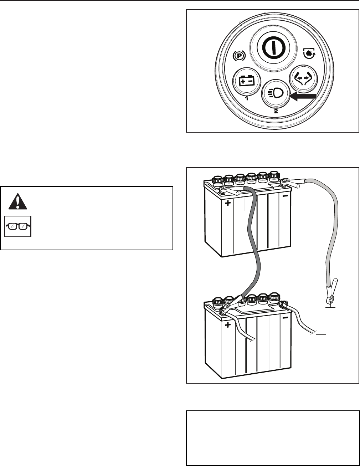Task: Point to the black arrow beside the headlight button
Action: [303, 96]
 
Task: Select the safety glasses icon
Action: [18, 226]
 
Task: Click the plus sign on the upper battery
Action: [228, 203]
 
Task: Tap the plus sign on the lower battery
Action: [228, 325]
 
